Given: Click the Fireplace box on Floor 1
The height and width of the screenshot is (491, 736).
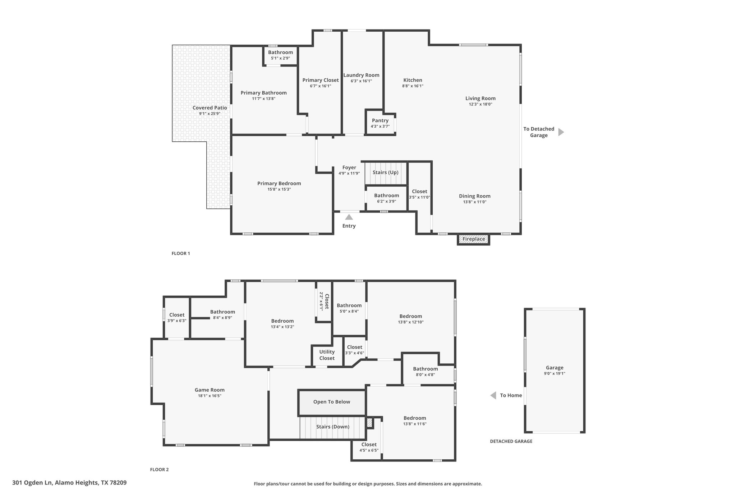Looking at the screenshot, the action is (x=473, y=239).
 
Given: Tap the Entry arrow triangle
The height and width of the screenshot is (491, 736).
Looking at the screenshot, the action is (x=349, y=217).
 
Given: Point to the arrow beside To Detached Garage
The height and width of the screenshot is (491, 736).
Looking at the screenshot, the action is (x=561, y=132).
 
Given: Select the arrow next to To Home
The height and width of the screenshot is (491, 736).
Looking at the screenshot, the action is (x=493, y=395).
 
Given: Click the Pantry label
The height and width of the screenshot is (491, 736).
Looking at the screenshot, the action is (x=380, y=121).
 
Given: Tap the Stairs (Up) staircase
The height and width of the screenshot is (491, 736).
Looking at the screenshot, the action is (x=386, y=173).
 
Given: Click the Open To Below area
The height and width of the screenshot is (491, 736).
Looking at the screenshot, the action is (x=332, y=402).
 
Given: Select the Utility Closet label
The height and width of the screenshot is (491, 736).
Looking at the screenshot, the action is (x=327, y=355).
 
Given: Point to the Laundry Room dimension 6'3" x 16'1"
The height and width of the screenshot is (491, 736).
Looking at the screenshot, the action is (x=361, y=81).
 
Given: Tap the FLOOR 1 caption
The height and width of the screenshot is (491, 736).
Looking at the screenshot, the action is (x=181, y=253).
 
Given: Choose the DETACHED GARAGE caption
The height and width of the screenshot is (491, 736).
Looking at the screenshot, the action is (x=511, y=441).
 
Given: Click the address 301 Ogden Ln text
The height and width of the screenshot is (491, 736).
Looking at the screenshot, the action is (x=32, y=483).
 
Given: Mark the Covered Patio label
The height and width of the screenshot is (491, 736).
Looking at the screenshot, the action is (x=210, y=108).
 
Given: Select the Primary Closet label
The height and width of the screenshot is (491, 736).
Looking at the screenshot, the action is (x=321, y=80).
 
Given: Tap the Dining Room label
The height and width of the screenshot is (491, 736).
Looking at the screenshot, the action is (x=475, y=196).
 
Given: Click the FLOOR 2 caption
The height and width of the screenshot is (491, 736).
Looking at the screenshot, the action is (x=159, y=469).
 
